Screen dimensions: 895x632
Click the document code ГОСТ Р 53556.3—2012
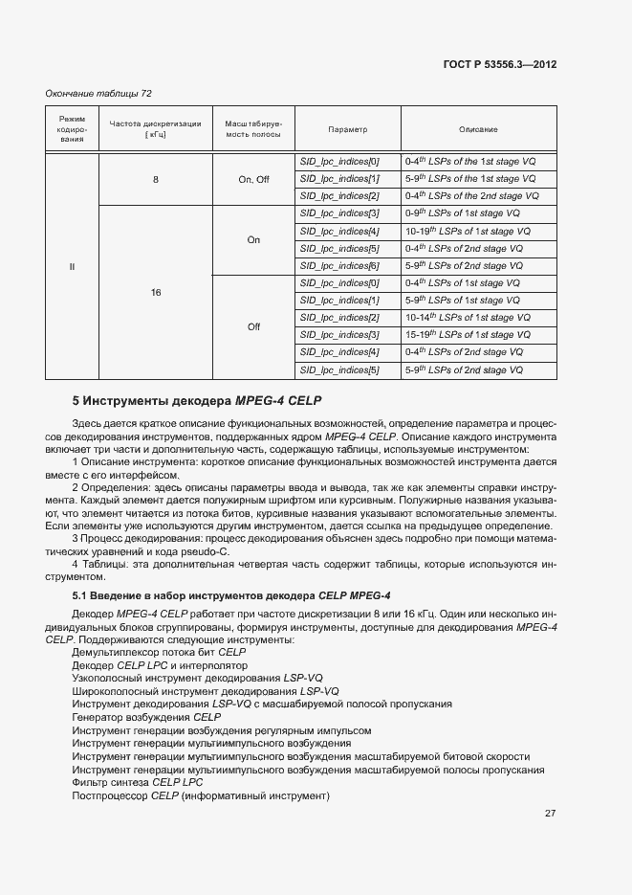point(500,65)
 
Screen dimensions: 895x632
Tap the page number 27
point(551,813)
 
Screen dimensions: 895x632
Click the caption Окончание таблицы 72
point(99,94)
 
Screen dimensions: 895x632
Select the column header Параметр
point(347,129)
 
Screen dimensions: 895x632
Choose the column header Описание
point(477,129)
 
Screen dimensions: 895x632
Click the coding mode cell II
point(72,266)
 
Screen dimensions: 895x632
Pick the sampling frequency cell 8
point(155,179)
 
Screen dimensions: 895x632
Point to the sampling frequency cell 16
point(155,292)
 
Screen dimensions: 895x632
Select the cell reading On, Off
point(253,179)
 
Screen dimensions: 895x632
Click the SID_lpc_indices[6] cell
point(339,266)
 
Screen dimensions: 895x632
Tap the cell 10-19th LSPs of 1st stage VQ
point(466,232)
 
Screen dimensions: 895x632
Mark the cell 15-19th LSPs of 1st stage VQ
point(466,335)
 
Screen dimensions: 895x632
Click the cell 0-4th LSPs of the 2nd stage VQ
point(471,196)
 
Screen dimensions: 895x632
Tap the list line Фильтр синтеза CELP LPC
point(138,783)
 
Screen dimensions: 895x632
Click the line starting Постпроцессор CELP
point(200,796)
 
